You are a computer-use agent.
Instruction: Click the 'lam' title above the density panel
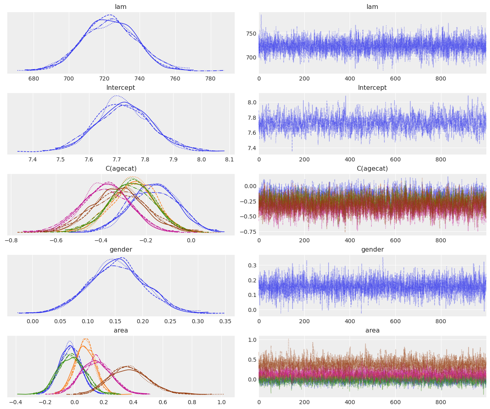click(121, 7)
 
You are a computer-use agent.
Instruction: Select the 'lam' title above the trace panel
click(372, 7)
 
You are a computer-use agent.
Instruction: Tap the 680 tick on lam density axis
click(34, 79)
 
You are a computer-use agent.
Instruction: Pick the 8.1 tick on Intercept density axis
click(229, 160)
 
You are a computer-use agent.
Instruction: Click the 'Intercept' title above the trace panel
click(372, 88)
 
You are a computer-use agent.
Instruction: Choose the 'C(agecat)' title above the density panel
click(121, 169)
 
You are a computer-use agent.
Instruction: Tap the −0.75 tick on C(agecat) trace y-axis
click(249, 232)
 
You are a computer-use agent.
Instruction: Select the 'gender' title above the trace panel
click(372, 250)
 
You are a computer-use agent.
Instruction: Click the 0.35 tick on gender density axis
click(225, 322)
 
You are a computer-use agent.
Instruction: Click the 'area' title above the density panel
click(121, 331)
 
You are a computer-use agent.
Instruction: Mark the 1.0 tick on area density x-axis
click(221, 403)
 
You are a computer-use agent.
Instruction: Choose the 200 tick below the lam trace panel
click(304, 79)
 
